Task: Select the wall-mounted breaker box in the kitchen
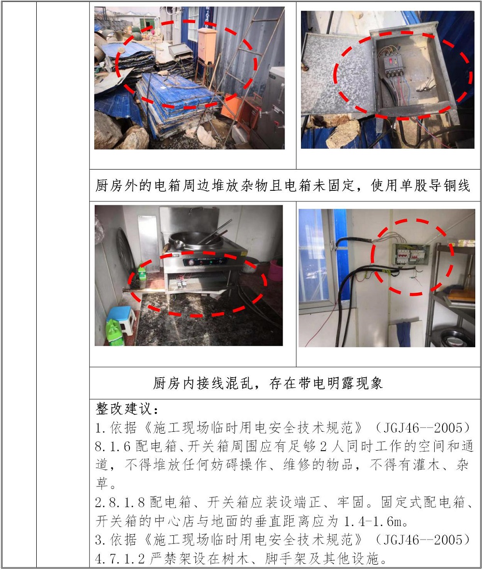[x=411, y=255]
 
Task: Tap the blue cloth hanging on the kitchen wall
[x=403, y=332]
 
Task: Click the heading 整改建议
[x=127, y=409]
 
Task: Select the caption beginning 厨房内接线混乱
[x=268, y=383]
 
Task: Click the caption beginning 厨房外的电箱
[x=283, y=185]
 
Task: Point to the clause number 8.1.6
[x=113, y=446]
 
